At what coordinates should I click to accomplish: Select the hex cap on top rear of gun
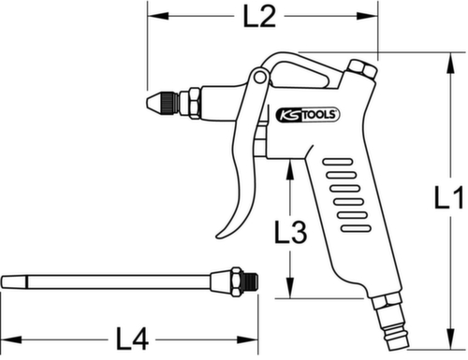tap(359, 70)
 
